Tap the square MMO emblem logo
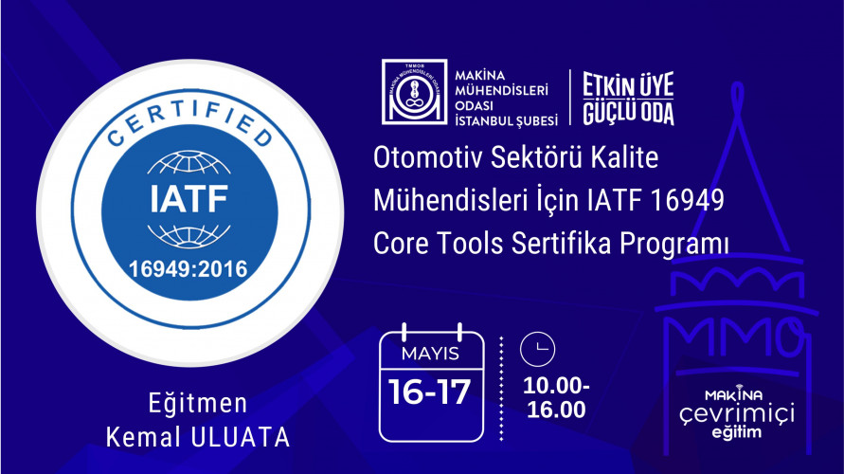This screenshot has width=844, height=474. pyautogui.click(x=412, y=93)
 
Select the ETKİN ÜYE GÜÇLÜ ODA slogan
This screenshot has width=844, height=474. pyautogui.click(x=628, y=99)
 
